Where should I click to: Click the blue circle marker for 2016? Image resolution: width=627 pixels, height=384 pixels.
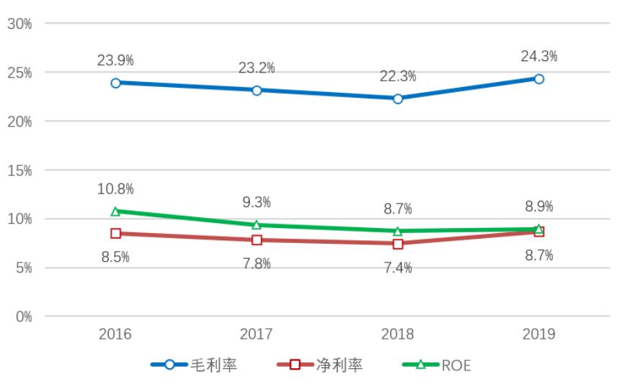tap(115, 83)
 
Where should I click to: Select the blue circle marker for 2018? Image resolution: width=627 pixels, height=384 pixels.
tap(397, 99)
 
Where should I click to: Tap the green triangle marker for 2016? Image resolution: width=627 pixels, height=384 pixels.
tap(115, 211)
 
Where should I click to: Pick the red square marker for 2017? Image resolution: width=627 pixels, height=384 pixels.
tap(256, 240)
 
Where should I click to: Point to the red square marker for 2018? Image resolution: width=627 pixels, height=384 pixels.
tap(397, 244)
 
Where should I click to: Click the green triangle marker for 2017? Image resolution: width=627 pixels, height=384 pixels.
tap(256, 225)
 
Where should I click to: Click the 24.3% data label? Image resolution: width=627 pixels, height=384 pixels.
tap(539, 56)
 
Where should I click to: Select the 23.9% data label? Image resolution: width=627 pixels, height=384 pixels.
tap(115, 60)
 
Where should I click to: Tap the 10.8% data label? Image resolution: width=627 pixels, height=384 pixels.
tap(115, 189)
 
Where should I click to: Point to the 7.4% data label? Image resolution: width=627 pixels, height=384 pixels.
tap(397, 268)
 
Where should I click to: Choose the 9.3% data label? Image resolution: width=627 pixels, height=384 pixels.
tap(256, 204)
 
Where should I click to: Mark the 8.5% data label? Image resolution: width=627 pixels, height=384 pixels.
tap(115, 257)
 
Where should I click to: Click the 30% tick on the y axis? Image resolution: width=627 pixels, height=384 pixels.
tap(19, 24)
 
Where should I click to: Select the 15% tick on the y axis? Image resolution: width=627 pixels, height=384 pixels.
tap(19, 170)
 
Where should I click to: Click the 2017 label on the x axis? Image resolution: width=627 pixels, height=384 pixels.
tap(256, 334)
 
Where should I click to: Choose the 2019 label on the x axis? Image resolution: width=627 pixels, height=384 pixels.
tap(539, 334)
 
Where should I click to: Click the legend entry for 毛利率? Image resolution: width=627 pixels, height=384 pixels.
tap(194, 365)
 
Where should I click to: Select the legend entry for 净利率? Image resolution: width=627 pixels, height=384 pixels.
tap(320, 365)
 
